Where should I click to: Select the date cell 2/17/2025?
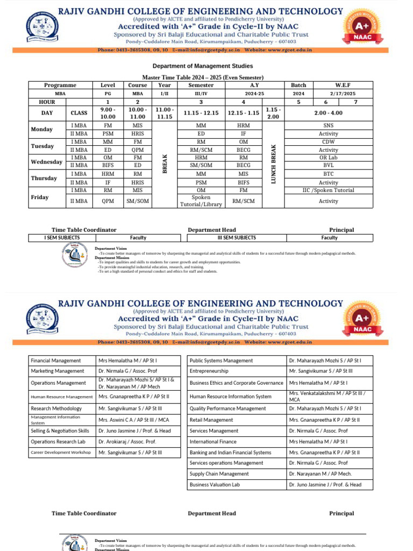[x=343, y=94]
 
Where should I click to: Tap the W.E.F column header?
[x=343, y=85]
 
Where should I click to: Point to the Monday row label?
[x=42, y=129]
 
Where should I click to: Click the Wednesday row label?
[x=47, y=162]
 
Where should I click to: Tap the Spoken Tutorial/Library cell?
[x=201, y=201]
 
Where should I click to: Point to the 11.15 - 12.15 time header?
[x=201, y=113]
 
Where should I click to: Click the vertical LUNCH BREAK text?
[x=273, y=164]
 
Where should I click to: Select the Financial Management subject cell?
[x=56, y=361]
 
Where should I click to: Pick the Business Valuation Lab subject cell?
[x=215, y=485]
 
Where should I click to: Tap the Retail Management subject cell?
[x=211, y=420]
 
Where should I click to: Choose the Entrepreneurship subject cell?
[x=209, y=371]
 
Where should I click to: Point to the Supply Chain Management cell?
[x=219, y=474]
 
